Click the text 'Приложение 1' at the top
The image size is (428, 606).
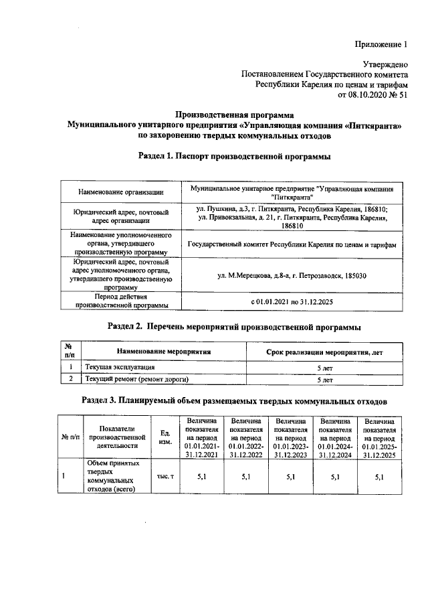pos(381,45)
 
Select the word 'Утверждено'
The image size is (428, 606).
pos(385,65)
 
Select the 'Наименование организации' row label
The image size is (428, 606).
pos(121,193)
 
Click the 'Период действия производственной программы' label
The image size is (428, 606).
pos(121,301)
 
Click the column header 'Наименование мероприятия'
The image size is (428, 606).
pos(164,351)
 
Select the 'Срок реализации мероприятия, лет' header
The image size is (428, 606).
pos(325,351)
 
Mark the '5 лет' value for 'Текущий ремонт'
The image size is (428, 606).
pos(325,379)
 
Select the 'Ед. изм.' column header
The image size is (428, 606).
pos(165,438)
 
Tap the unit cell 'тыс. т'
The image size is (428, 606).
pos(165,476)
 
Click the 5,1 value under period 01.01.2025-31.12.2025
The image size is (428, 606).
pos(380,476)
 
